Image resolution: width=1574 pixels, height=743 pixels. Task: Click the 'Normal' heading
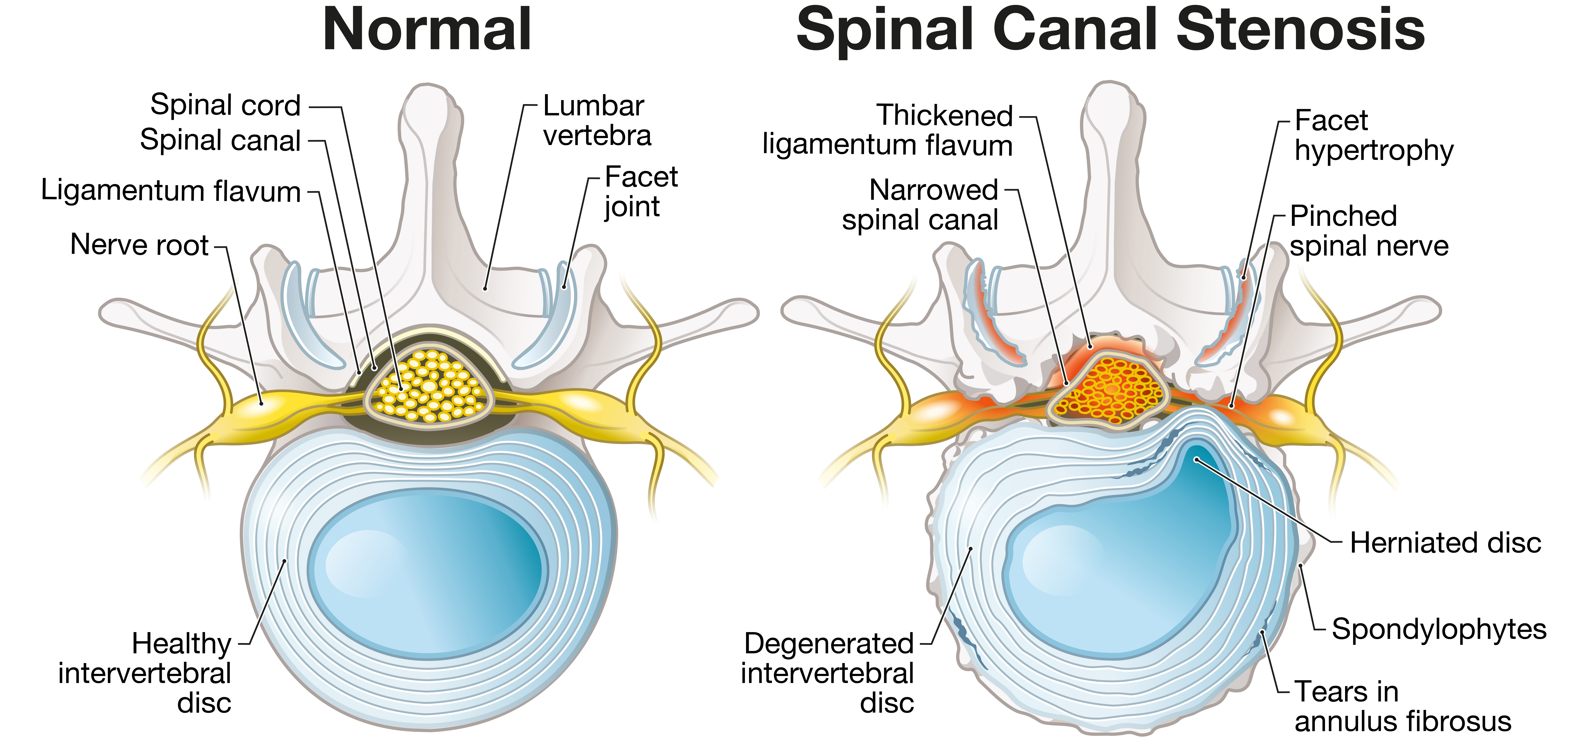coord(426,31)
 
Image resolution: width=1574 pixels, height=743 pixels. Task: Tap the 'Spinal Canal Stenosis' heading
coord(1110,31)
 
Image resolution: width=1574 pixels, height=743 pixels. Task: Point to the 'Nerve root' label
coord(139,244)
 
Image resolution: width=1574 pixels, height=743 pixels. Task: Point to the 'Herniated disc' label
coord(1445,543)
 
